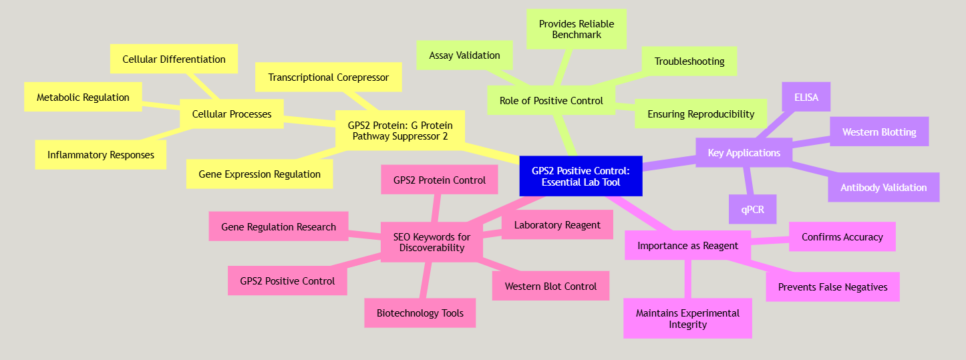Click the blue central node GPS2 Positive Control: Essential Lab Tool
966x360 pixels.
pos(581,176)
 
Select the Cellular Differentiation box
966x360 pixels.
pos(174,59)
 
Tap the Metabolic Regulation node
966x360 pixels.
pos(83,97)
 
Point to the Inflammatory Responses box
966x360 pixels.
pos(101,155)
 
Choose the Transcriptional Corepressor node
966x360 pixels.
pos(328,77)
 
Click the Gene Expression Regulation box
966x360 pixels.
pos(259,174)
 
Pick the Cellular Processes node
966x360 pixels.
pos(232,114)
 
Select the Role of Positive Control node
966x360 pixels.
pos(551,101)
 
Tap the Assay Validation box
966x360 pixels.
pos(464,55)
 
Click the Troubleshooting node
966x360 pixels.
pos(689,61)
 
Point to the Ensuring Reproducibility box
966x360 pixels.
pos(701,114)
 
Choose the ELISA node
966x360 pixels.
pos(807,97)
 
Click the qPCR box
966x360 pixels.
pos(752,210)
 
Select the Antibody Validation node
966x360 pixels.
pos(883,188)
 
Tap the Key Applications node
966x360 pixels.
pos(744,153)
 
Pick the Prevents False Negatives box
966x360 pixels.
pos(832,287)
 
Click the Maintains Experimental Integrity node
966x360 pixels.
pos(687,319)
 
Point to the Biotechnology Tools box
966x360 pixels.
pos(420,313)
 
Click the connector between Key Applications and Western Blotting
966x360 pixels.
pos(811,142)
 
